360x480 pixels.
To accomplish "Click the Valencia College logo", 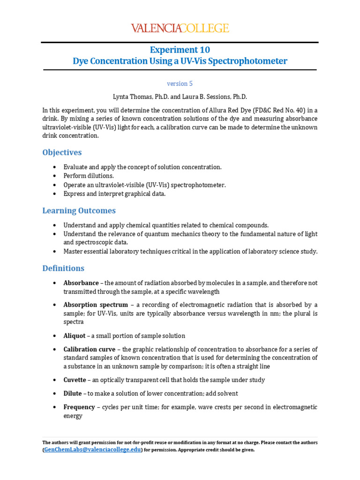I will (x=180, y=28).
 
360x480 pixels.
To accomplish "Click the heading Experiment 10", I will (x=180, y=50).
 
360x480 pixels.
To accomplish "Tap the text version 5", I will (x=180, y=83).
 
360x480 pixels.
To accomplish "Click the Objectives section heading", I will (x=62, y=152).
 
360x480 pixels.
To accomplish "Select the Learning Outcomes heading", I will (x=79, y=210).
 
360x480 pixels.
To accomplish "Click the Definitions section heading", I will (x=63, y=268).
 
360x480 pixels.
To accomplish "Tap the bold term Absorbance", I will (x=81, y=283).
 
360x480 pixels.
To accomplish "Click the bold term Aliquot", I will (x=75, y=336).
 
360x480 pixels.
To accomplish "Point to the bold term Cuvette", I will (x=75, y=380).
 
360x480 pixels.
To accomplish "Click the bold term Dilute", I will (x=73, y=393).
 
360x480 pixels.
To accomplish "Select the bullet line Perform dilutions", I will (x=89, y=176).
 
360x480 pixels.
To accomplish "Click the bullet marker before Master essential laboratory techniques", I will (x=55, y=252).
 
